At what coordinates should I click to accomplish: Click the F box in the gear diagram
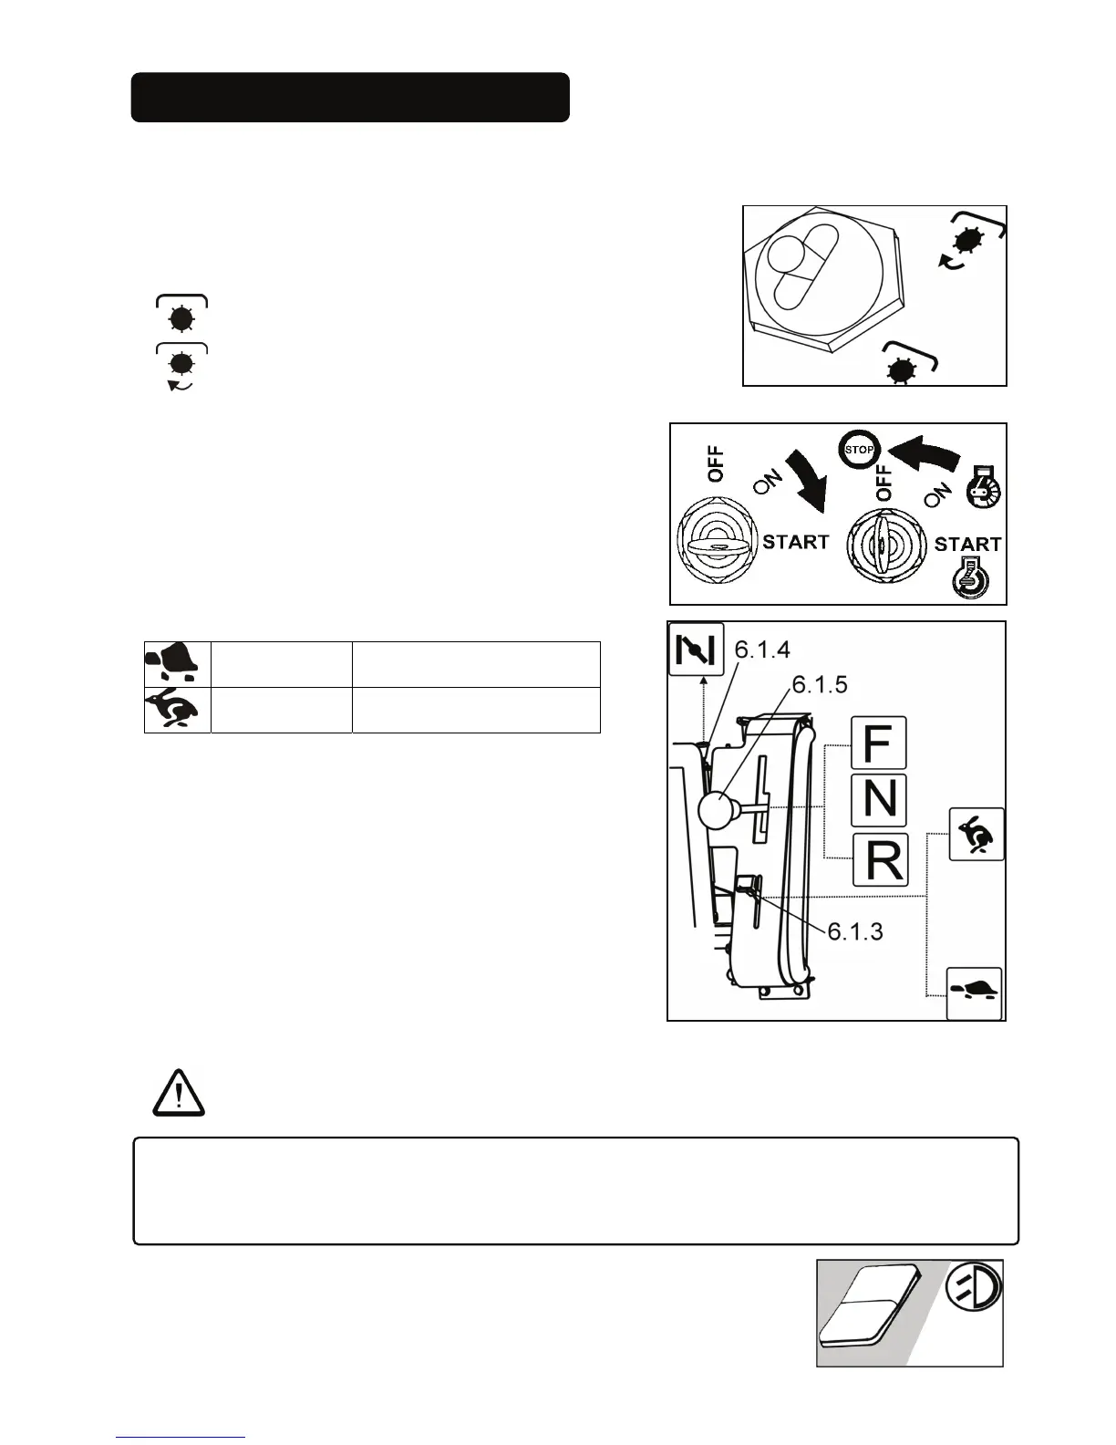(879, 743)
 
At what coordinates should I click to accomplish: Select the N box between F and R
(879, 800)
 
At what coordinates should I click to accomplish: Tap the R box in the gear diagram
(880, 859)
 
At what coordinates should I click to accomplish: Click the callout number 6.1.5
(820, 684)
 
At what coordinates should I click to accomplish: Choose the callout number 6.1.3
(855, 931)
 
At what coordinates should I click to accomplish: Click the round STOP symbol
(859, 449)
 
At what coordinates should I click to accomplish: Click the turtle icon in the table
(178, 663)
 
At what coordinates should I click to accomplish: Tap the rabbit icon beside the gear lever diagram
(976, 834)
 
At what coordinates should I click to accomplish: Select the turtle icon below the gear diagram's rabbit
(975, 993)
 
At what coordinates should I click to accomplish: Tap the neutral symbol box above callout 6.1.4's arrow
(696, 650)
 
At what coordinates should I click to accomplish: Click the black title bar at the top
(350, 98)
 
